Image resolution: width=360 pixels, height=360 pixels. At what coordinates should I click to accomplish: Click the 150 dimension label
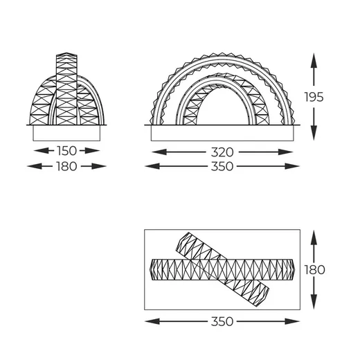[x=66, y=151]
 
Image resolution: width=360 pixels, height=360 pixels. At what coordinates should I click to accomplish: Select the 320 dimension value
[x=222, y=152]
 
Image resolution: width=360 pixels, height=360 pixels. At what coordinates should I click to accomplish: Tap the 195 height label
[x=314, y=97]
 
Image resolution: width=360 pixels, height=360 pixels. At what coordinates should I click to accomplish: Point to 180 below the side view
[x=66, y=166]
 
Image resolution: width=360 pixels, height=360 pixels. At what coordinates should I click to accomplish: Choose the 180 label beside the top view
[x=314, y=269]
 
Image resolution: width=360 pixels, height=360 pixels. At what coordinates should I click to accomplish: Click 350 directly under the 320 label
[x=222, y=166]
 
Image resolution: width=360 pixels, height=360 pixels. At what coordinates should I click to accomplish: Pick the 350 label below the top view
[x=222, y=321]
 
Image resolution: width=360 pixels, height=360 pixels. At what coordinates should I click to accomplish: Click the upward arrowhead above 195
[x=314, y=60]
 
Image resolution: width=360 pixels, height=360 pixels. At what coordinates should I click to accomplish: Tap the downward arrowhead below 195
[x=314, y=133]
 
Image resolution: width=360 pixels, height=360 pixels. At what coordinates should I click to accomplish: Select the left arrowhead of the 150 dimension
[x=41, y=151]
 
